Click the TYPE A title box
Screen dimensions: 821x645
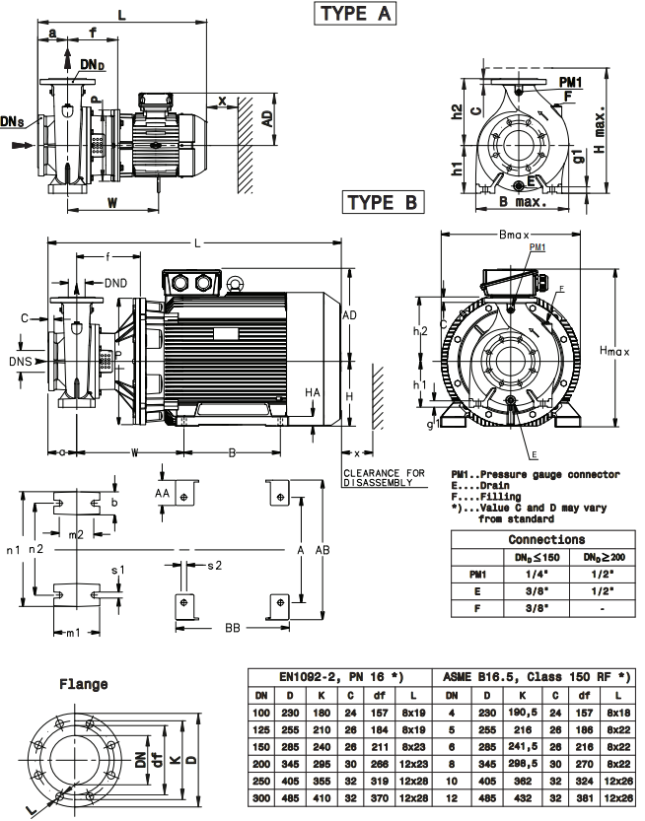tap(354, 14)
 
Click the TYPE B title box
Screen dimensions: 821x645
tap(383, 203)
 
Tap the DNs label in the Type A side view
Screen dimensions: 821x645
tap(15, 121)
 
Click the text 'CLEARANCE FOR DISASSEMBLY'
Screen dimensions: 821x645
tap(384, 478)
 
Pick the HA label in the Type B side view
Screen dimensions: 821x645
tap(313, 391)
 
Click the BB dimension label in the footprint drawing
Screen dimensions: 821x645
tap(233, 627)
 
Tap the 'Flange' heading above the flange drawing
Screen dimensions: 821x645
tap(84, 683)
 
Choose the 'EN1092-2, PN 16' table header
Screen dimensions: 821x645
tap(335, 679)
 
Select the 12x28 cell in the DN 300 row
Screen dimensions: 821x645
tap(412, 804)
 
